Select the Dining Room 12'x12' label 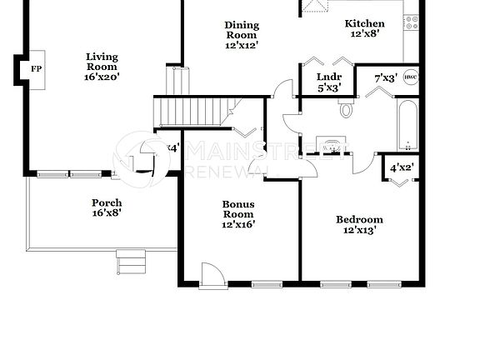coord(242,36)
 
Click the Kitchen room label coord(365,29)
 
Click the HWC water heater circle coord(410,77)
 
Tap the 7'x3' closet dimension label coord(384,77)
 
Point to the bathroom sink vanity coord(337,147)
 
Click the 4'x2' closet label coord(402,167)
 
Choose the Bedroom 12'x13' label coord(359,225)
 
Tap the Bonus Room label coord(238,214)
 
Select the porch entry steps coord(131,261)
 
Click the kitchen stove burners coord(409,22)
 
